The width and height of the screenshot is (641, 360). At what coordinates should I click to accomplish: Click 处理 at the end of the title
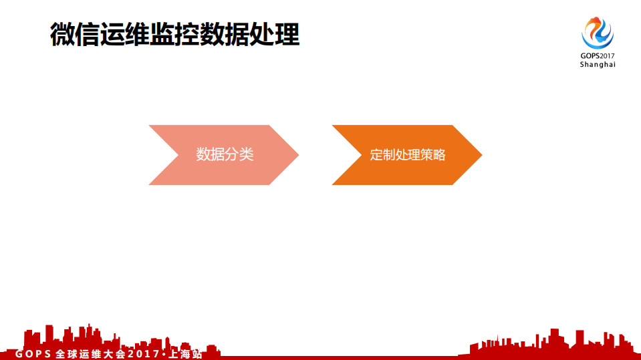[275, 34]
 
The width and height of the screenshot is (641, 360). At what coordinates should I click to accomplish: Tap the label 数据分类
[225, 155]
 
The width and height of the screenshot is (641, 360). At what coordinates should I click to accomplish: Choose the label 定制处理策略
[408, 156]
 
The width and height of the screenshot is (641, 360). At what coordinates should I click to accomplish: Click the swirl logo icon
[598, 32]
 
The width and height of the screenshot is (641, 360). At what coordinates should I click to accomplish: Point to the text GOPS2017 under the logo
[598, 55]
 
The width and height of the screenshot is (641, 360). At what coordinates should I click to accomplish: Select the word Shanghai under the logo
[598, 65]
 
